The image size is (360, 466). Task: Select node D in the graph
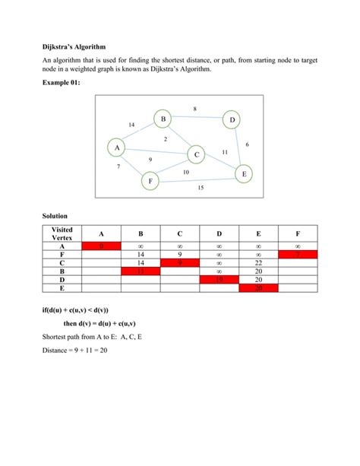[x=231, y=120]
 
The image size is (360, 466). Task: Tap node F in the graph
[x=150, y=182]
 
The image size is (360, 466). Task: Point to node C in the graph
[x=196, y=154]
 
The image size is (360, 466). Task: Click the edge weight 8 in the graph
[x=195, y=109]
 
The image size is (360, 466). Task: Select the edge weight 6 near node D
[x=248, y=144]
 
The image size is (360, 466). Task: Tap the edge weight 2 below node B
[x=166, y=138]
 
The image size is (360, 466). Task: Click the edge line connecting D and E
[x=238, y=147]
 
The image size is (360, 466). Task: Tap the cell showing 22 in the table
[x=258, y=263]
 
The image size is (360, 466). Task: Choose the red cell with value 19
[x=219, y=280]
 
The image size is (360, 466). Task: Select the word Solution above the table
[x=55, y=217]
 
